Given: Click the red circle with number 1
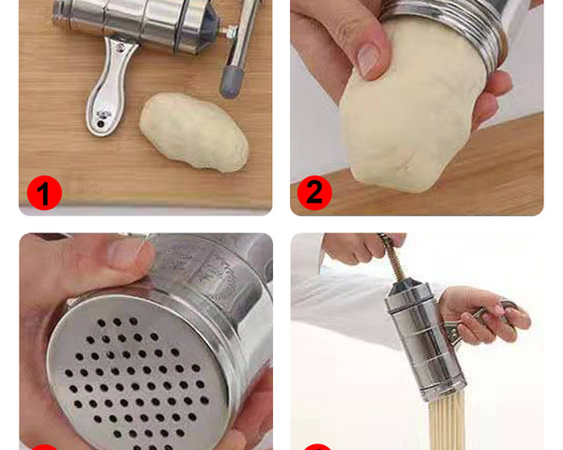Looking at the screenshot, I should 43,193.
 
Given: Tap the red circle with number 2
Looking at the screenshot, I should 314,193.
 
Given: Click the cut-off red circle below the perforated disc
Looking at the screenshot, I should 43,447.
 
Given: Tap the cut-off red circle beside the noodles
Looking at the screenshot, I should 316,447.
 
